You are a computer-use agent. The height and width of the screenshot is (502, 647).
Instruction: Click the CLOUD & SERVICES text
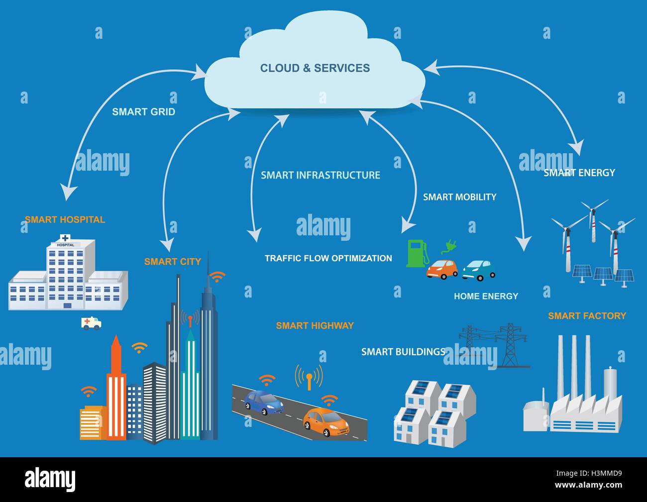(x=315, y=68)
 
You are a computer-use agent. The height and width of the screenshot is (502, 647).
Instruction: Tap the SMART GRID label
(x=143, y=112)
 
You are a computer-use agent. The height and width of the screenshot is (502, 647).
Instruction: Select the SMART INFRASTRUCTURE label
(x=320, y=175)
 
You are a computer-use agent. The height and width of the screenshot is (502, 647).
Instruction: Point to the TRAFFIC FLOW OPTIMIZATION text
(x=328, y=258)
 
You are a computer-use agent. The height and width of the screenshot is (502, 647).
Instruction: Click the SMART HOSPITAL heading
(x=65, y=219)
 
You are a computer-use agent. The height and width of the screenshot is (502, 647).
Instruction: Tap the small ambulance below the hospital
(x=91, y=323)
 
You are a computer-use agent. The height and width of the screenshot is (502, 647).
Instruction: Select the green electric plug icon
(x=449, y=246)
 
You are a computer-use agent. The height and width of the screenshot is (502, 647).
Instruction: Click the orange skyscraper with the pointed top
(x=116, y=388)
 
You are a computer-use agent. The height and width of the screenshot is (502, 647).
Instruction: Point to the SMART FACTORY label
(x=587, y=315)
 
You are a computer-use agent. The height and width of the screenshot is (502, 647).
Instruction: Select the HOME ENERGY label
(x=486, y=296)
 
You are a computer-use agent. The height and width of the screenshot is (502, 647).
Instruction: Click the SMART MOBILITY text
(x=459, y=197)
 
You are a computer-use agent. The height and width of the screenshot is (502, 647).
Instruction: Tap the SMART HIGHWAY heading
(x=315, y=325)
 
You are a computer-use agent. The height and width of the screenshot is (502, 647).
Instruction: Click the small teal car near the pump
(x=479, y=270)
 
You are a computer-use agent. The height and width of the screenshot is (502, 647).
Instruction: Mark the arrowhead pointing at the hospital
(x=68, y=193)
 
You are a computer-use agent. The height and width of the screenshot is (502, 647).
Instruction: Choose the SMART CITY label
(x=172, y=262)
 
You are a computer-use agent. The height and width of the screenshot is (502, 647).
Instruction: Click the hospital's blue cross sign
(x=65, y=238)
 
